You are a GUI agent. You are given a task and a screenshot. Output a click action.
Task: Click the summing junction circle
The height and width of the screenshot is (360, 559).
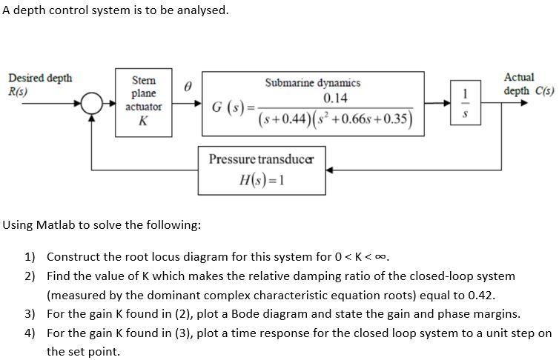click(91, 104)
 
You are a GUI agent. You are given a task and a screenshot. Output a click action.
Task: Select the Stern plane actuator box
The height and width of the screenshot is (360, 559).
click(143, 101)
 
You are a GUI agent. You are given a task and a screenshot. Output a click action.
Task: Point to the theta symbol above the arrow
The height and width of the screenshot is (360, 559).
click(188, 87)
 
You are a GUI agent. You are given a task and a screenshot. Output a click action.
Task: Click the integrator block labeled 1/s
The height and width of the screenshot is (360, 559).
click(465, 104)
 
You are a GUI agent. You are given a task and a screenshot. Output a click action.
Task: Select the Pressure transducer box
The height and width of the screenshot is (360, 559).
click(262, 170)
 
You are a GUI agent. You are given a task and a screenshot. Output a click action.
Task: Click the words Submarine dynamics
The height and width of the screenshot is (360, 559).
click(313, 83)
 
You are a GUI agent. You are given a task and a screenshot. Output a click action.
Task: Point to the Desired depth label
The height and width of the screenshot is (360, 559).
click(40, 78)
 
